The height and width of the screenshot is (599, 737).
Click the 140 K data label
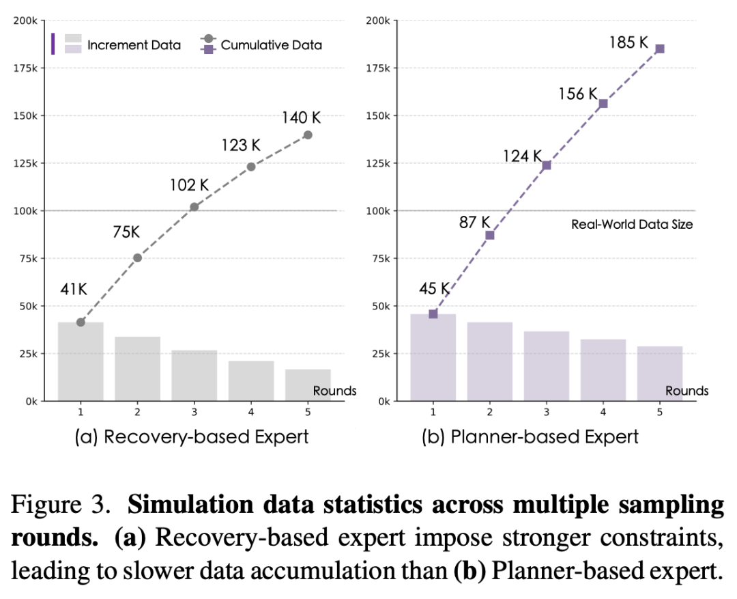(301, 117)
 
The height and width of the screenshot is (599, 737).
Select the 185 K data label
(628, 43)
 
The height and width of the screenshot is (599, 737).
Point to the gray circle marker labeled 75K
(137, 257)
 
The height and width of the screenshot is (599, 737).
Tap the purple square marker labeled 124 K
(546, 165)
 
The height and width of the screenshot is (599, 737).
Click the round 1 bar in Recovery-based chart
(81, 361)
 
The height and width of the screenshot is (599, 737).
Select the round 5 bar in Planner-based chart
(659, 374)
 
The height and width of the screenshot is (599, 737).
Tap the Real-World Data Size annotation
(631, 224)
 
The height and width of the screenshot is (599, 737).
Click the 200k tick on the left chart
(28, 20)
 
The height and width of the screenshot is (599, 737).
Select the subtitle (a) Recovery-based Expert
(192, 437)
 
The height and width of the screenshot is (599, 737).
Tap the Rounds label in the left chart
(334, 391)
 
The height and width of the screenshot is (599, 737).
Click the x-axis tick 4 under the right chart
(603, 413)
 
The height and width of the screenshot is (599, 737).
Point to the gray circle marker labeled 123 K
(251, 167)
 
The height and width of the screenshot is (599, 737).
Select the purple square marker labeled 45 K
(433, 314)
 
